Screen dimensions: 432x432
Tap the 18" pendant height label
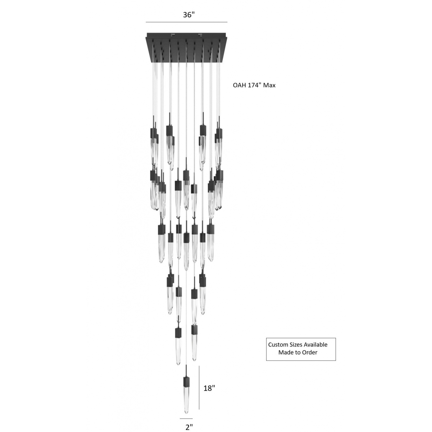coord(209,388)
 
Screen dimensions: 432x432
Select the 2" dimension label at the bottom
coord(189,427)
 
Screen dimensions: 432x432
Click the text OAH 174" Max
coord(254,85)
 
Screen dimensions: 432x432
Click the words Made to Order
coord(298,352)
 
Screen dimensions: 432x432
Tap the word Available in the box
coord(316,345)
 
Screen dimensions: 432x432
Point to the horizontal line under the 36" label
coord(186,22)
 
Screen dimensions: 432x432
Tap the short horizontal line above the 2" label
coord(186,419)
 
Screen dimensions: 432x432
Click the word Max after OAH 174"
coord(269,85)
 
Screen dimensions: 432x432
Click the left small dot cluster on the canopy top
coord(173,35)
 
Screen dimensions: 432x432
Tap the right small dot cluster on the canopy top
coord(200,35)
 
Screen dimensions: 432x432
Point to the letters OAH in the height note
coord(239,85)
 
